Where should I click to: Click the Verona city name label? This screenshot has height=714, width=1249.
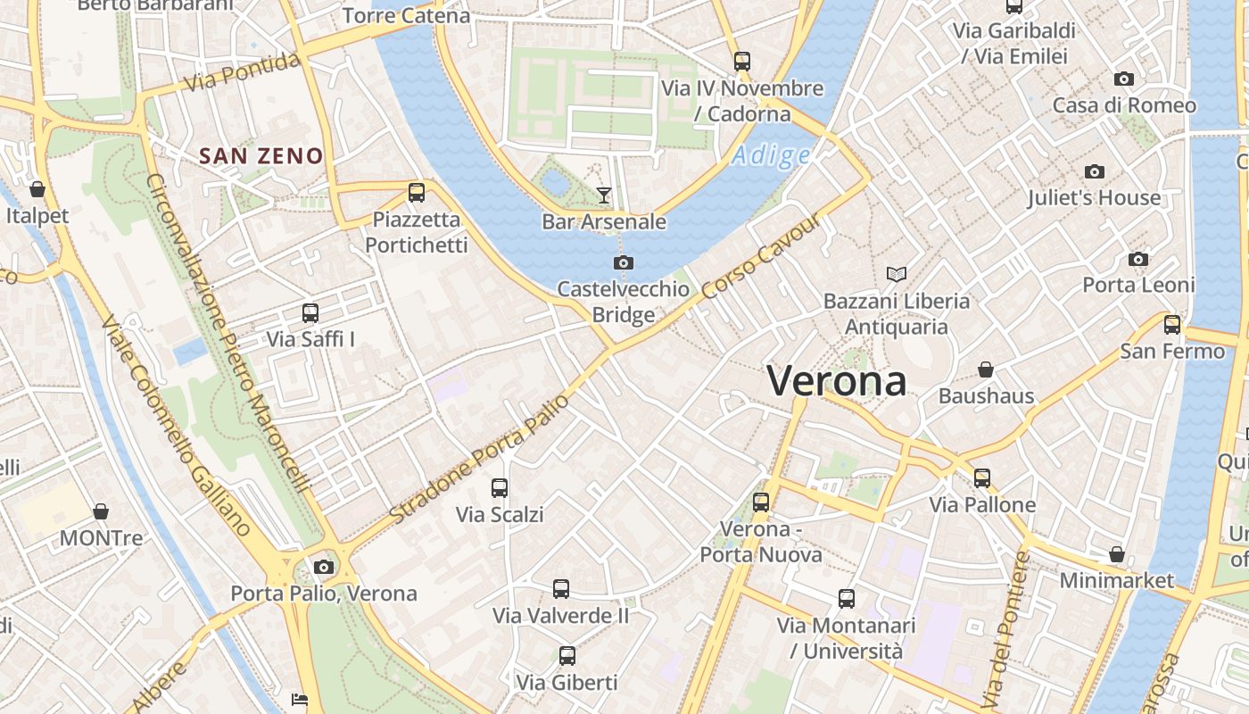pos(837,381)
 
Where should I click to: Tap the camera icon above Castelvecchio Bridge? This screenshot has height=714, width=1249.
pos(624,262)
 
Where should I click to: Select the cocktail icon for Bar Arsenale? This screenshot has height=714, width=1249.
pos(604,195)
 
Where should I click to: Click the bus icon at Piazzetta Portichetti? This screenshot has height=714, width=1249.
pos(416,192)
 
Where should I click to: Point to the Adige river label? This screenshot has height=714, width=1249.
pos(771,156)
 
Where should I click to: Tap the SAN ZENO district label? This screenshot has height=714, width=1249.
pos(261,156)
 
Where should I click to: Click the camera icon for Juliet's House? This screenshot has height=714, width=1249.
pos(1094,171)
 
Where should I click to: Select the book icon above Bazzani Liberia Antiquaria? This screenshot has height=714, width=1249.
pos(896,274)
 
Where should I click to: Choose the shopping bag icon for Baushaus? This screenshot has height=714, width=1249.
pos(986,369)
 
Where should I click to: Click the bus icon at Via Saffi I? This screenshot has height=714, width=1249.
pos(310,313)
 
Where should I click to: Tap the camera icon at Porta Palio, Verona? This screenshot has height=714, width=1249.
pos(324,567)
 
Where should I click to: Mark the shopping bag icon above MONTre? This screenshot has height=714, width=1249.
pos(101,511)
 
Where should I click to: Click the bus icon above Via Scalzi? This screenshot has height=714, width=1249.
pos(500,488)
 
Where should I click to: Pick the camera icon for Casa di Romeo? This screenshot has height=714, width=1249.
pos(1124,79)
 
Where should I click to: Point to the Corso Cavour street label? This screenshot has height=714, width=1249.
pos(760,257)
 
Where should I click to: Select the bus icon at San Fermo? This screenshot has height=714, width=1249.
pos(1172,324)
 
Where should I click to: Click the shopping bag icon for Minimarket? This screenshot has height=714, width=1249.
pos(1116,554)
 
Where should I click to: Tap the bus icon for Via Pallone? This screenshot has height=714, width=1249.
pos(982,478)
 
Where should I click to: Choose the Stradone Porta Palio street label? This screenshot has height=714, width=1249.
pos(479,460)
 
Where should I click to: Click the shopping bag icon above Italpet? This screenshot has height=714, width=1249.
pos(37,189)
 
